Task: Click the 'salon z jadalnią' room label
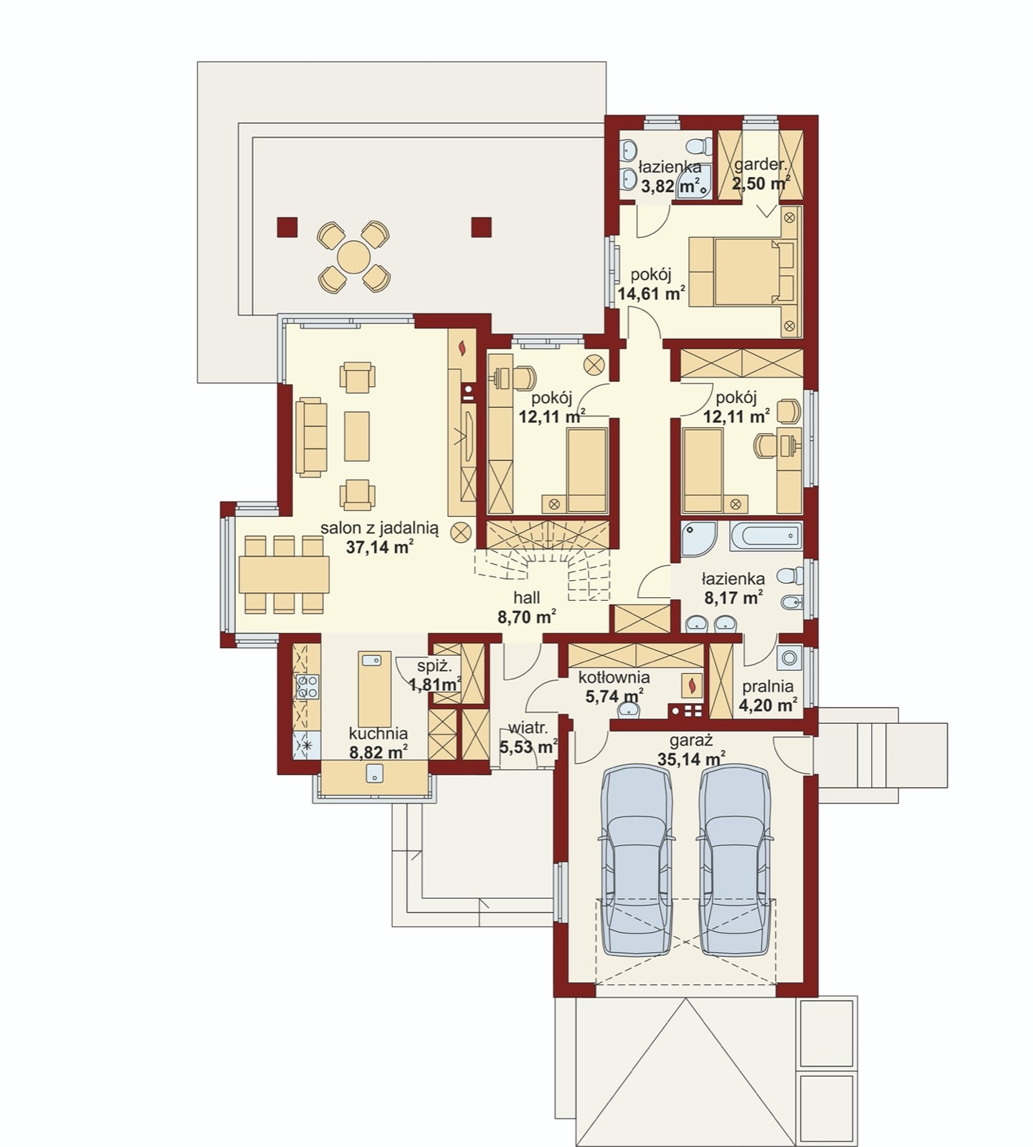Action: [x=379, y=528]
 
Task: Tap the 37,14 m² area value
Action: [x=379, y=548]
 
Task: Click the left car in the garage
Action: [x=637, y=860]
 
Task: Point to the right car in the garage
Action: [x=736, y=860]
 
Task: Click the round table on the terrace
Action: [x=354, y=256]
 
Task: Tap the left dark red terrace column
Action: [x=286, y=227]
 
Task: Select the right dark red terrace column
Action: [x=482, y=227]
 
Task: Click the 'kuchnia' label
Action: [x=378, y=733]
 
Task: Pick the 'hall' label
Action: [x=527, y=598]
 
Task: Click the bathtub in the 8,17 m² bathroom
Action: [x=766, y=536]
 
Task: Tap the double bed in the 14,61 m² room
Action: [x=742, y=272]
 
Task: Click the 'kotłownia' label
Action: [x=614, y=677]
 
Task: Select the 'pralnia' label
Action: [x=768, y=687]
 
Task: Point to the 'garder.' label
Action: [x=760, y=164]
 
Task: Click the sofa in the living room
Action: [x=312, y=437]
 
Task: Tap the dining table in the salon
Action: [x=284, y=574]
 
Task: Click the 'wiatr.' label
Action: [x=528, y=728]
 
